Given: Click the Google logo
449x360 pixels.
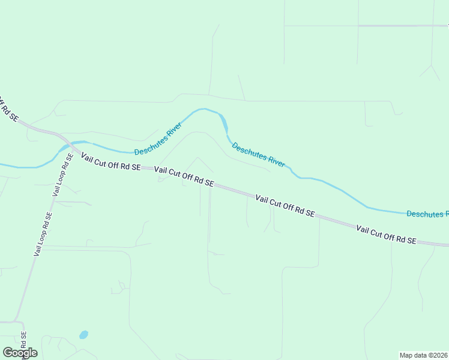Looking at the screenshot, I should [x=20, y=352].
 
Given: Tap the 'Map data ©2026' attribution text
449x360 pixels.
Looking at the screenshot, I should [x=424, y=355].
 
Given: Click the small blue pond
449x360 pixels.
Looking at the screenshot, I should [x=83, y=334].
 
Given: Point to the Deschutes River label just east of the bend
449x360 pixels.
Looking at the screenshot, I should [x=258, y=155].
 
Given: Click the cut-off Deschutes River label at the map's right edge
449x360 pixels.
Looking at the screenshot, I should [x=427, y=214].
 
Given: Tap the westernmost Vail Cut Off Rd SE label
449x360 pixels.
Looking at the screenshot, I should [x=110, y=162].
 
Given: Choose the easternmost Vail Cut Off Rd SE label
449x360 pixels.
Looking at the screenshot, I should [x=386, y=234].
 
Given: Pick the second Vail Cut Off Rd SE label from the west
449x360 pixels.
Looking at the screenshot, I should [x=184, y=176].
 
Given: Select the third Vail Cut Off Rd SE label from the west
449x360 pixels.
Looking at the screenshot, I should [x=285, y=205].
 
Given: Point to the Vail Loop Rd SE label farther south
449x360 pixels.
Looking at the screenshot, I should [x=43, y=235].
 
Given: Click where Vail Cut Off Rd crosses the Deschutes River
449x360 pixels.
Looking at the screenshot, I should [x=64, y=143].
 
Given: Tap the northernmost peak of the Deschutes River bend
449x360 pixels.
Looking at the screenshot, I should [x=204, y=109].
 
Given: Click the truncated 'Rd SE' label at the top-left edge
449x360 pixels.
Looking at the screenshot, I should [x=7, y=109].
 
